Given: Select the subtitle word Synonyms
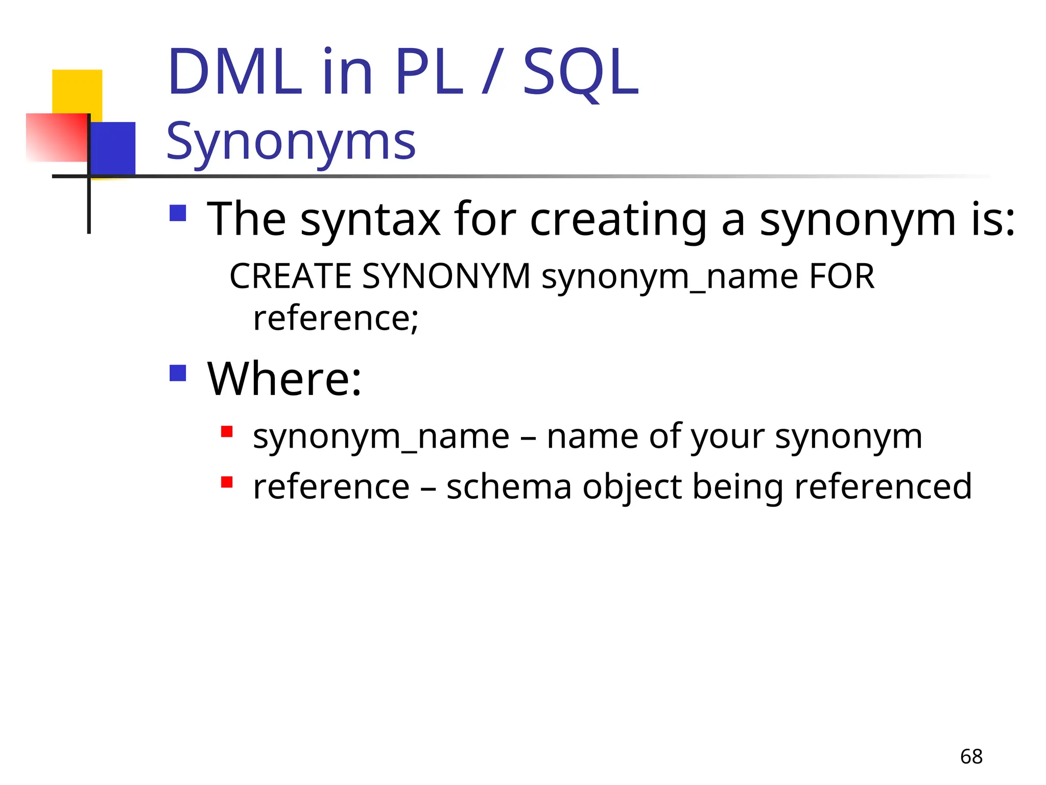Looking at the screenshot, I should click(x=291, y=142).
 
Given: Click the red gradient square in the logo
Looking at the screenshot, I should click(x=56, y=137).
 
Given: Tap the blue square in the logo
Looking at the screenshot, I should click(x=113, y=148).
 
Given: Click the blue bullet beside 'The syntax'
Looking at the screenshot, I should click(x=178, y=213).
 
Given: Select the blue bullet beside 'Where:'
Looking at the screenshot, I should click(x=178, y=373).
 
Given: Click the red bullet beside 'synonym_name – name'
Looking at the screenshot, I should click(x=227, y=432).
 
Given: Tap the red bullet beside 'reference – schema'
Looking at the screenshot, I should click(x=227, y=482).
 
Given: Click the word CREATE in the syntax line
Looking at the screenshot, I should click(x=291, y=276).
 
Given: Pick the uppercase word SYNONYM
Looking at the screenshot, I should click(x=446, y=276).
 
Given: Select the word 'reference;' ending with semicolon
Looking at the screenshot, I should click(x=336, y=318).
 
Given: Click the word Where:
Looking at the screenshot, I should click(x=284, y=379).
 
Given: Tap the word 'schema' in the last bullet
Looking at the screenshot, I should click(x=509, y=487).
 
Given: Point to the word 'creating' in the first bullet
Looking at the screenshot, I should click(x=618, y=220).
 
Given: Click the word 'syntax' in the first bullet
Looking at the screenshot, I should click(x=370, y=220).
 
